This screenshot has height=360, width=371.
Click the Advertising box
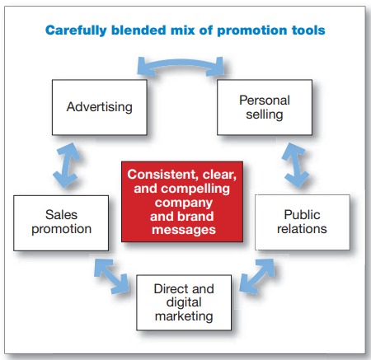100,107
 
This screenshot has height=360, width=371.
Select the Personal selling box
265,107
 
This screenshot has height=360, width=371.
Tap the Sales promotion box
61,223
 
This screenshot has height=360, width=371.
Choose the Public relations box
303,222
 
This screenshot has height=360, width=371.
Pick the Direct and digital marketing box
184,302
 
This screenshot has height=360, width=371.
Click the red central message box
182,202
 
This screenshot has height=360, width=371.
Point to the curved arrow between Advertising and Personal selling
181,63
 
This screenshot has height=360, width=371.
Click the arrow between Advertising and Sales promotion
66,166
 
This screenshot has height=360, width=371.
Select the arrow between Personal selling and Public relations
295,166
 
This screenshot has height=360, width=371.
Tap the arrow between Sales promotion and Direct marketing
111,275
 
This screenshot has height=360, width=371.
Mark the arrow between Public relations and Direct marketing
257,276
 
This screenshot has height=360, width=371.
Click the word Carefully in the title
76,30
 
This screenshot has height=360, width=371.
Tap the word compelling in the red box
195,189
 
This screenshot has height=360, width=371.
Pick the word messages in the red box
184,230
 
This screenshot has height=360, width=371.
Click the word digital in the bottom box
184,302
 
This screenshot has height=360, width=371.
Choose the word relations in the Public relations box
302,229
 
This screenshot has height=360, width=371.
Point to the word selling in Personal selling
265,115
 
